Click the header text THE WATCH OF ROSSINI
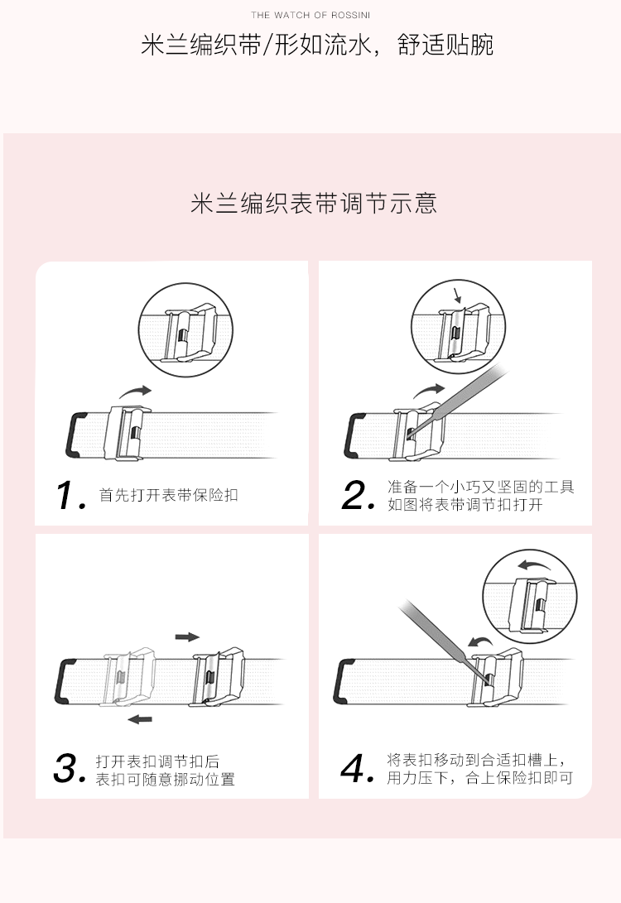310,15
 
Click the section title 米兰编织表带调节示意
314,204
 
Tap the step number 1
71,495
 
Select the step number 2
357,495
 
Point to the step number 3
69,768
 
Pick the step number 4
357,768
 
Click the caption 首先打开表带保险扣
168,495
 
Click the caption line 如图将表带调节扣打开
465,505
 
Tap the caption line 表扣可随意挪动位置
165,779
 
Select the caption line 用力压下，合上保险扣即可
480,778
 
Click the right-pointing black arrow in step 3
187,637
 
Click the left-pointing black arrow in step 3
140,718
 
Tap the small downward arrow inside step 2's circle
457,295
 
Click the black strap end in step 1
75,435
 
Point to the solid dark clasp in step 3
218,677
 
